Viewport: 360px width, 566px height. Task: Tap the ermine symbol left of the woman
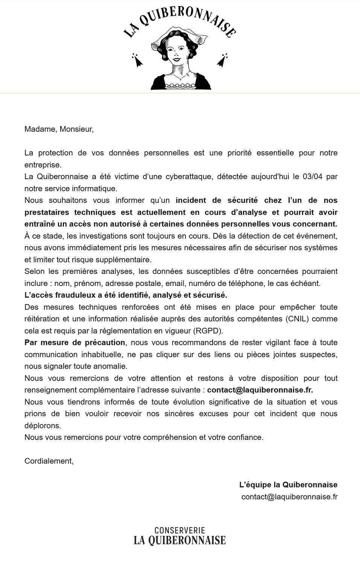[x=137, y=60]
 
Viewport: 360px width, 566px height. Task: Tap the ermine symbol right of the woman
[x=222, y=60]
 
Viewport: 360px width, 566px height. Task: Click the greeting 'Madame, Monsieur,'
[x=59, y=129]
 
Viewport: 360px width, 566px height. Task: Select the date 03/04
[x=312, y=176]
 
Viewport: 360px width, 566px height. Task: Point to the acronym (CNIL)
[x=297, y=319]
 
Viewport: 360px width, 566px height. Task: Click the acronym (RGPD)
[x=208, y=331]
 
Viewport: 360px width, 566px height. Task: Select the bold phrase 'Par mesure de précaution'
[x=75, y=342]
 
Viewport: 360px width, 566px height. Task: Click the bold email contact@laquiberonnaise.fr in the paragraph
[x=260, y=390]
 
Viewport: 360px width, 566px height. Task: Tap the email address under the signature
[x=289, y=497]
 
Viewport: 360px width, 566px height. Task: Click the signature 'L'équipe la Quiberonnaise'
[x=288, y=485]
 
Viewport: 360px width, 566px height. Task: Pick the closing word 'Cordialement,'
[x=49, y=461]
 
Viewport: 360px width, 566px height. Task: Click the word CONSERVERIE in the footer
[x=180, y=531]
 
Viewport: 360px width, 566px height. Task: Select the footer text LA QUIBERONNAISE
[x=180, y=540]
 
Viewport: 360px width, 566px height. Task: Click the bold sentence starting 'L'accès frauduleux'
[x=126, y=295]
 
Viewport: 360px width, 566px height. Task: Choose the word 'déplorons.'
[x=43, y=426]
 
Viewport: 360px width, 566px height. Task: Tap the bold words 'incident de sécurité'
[x=217, y=200]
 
